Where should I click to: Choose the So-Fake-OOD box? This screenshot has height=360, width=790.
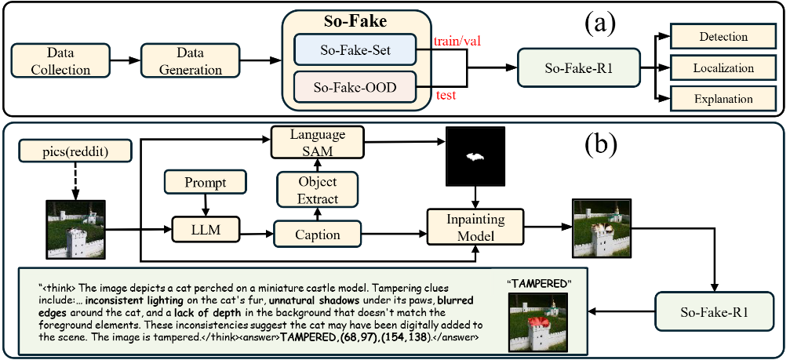[347, 86]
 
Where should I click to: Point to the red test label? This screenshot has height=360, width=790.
[446, 96]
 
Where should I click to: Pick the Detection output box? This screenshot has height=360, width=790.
[722, 36]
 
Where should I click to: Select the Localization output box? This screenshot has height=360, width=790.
[722, 68]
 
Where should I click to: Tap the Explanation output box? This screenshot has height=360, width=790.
[722, 100]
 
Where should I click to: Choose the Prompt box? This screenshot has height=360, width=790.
[206, 183]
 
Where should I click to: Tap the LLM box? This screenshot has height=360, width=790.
[205, 231]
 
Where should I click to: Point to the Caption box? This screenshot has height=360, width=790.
[317, 234]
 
